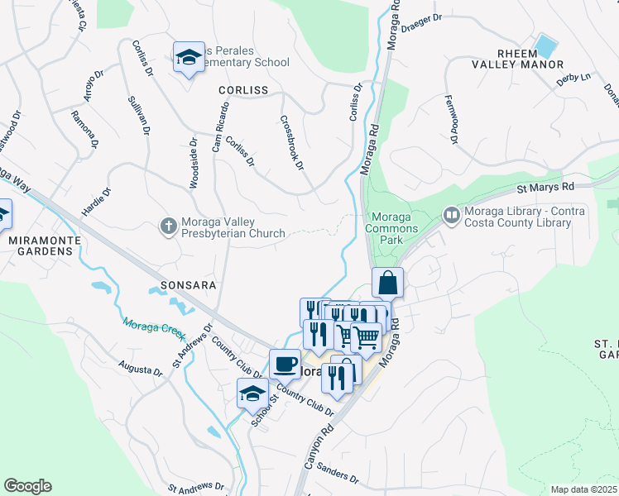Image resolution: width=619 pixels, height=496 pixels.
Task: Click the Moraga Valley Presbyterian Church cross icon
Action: coord(168,225)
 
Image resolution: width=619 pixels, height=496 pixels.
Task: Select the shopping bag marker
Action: coord(387,284)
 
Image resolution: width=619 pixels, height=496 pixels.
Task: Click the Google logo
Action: coord(27,486)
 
